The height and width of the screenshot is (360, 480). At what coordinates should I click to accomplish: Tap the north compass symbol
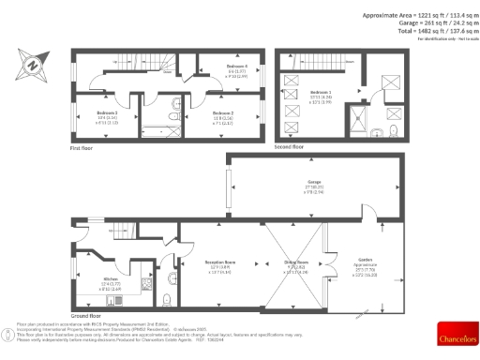click(31, 66)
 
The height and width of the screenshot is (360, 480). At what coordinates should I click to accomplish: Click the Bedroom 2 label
click(222, 112)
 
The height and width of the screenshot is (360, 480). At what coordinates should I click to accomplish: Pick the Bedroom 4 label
click(236, 67)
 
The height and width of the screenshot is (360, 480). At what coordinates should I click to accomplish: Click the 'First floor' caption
click(82, 148)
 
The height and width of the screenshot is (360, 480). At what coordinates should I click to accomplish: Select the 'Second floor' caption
click(288, 148)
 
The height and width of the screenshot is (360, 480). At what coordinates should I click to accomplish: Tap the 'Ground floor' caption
click(84, 315)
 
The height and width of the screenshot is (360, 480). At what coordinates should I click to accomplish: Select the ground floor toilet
click(164, 299)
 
